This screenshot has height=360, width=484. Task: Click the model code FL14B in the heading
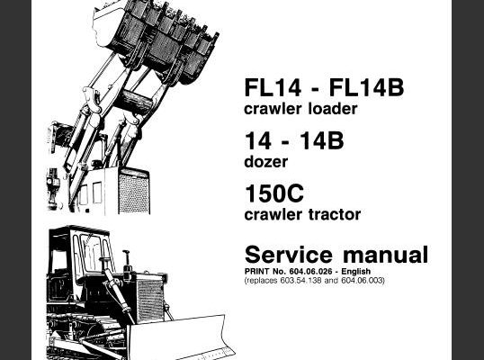[366, 87]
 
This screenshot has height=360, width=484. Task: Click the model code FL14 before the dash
[273, 87]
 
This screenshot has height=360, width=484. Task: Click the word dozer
[265, 161]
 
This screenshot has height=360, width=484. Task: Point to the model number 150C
[274, 193]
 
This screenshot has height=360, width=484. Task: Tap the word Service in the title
[289, 255]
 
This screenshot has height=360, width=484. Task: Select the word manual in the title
[386, 255]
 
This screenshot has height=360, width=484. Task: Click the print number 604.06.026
[311, 272]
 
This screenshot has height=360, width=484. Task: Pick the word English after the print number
[356, 272]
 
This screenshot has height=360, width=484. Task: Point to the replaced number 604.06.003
[362, 280]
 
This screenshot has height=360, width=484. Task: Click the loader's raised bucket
[156, 40]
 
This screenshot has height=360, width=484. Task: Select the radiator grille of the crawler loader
[134, 192]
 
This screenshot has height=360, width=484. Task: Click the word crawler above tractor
[273, 214]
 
